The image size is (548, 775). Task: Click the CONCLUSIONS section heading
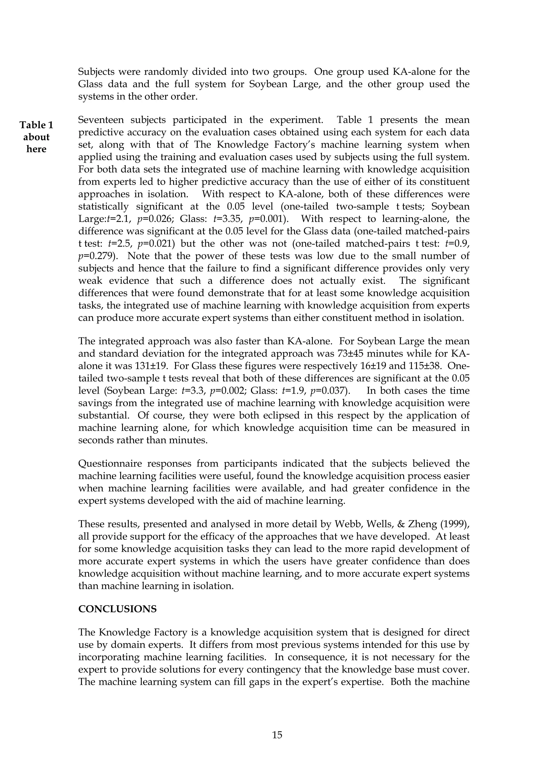click(x=117, y=609)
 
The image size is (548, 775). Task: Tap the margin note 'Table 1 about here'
click(x=36, y=137)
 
